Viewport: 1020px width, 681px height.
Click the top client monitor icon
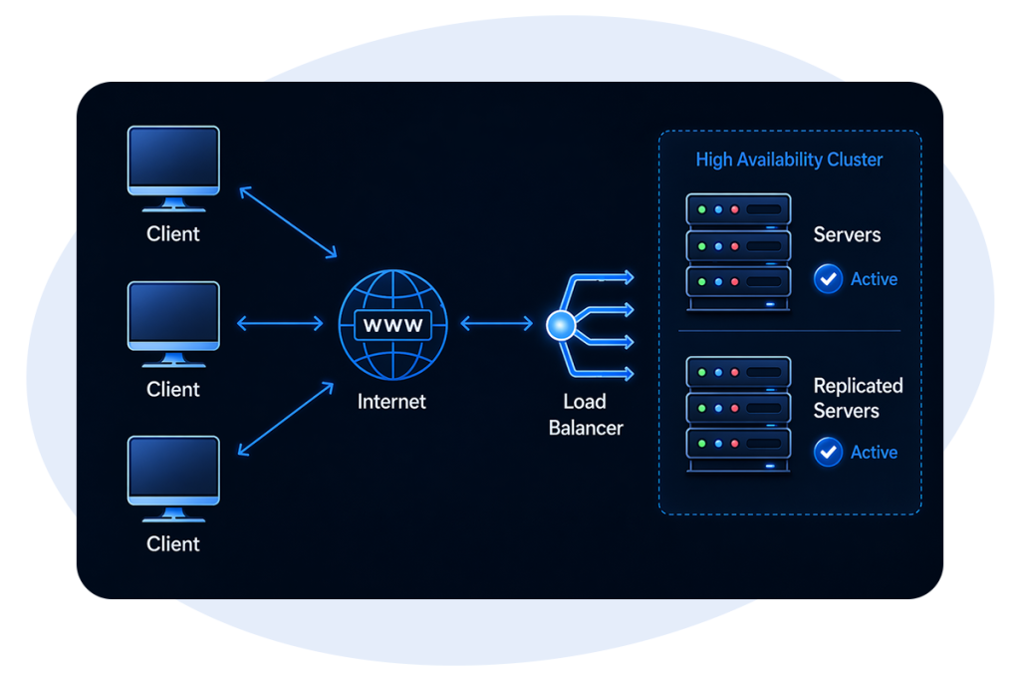(173, 165)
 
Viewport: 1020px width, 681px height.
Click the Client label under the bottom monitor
(173, 544)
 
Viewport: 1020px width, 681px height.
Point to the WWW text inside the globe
(393, 325)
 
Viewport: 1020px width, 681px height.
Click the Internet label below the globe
(392, 402)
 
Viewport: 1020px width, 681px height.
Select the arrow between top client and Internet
(289, 221)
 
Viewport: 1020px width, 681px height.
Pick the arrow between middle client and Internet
(280, 323)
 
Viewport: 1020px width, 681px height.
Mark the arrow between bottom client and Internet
(286, 420)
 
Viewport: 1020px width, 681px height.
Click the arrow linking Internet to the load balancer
(497, 323)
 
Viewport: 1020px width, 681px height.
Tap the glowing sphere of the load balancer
(560, 325)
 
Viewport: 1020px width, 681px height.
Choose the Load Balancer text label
(586, 415)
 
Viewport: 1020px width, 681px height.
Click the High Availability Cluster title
(789, 160)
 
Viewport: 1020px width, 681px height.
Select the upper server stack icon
(738, 250)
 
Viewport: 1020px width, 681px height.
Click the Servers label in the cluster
(848, 235)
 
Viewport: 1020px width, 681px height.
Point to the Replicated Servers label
(858, 398)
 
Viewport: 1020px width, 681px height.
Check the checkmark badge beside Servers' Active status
(828, 279)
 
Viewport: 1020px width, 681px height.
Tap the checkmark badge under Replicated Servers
(828, 453)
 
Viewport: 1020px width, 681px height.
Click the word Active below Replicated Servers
(874, 453)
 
